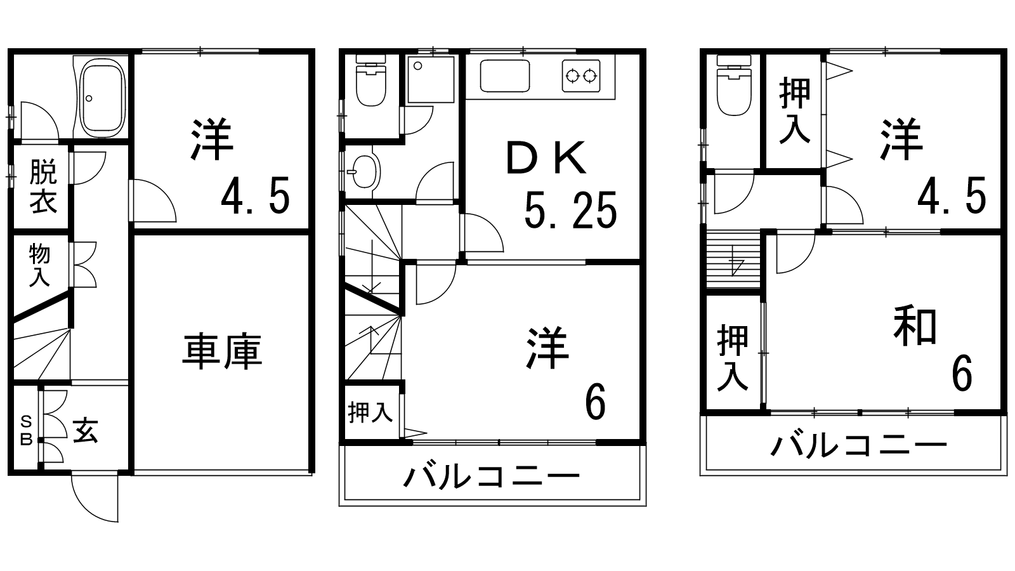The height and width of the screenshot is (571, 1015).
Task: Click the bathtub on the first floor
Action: [x=101, y=97]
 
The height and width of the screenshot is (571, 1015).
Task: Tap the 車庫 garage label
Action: [x=222, y=353]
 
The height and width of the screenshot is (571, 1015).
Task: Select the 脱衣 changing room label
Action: [x=43, y=187]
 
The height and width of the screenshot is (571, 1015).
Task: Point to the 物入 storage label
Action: [x=39, y=265]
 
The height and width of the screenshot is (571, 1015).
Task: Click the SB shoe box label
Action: [x=26, y=430]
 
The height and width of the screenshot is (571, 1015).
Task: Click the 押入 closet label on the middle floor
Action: [x=370, y=414]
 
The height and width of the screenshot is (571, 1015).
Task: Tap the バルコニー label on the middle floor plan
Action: [x=492, y=476]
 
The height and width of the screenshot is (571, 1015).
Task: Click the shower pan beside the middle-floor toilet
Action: [x=431, y=79]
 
